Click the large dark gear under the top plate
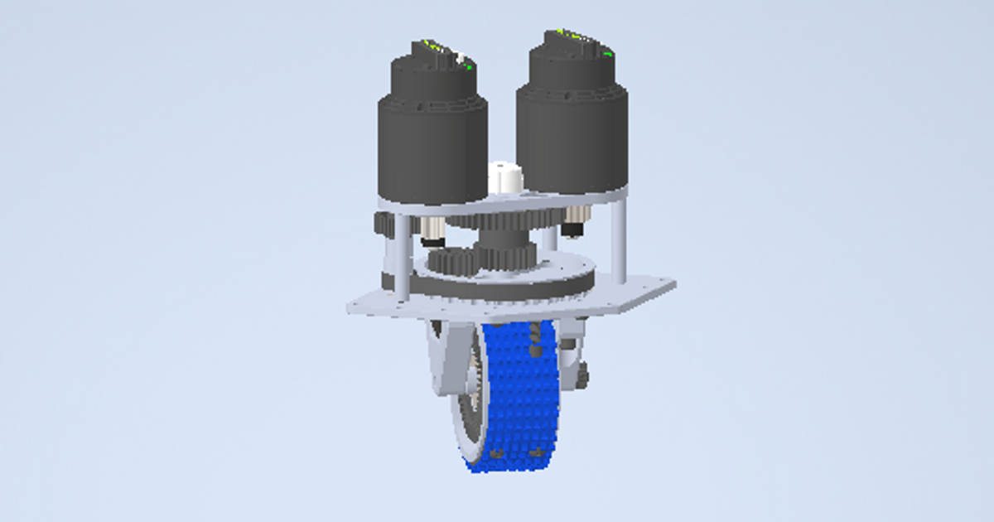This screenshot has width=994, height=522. (x=505, y=220)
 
